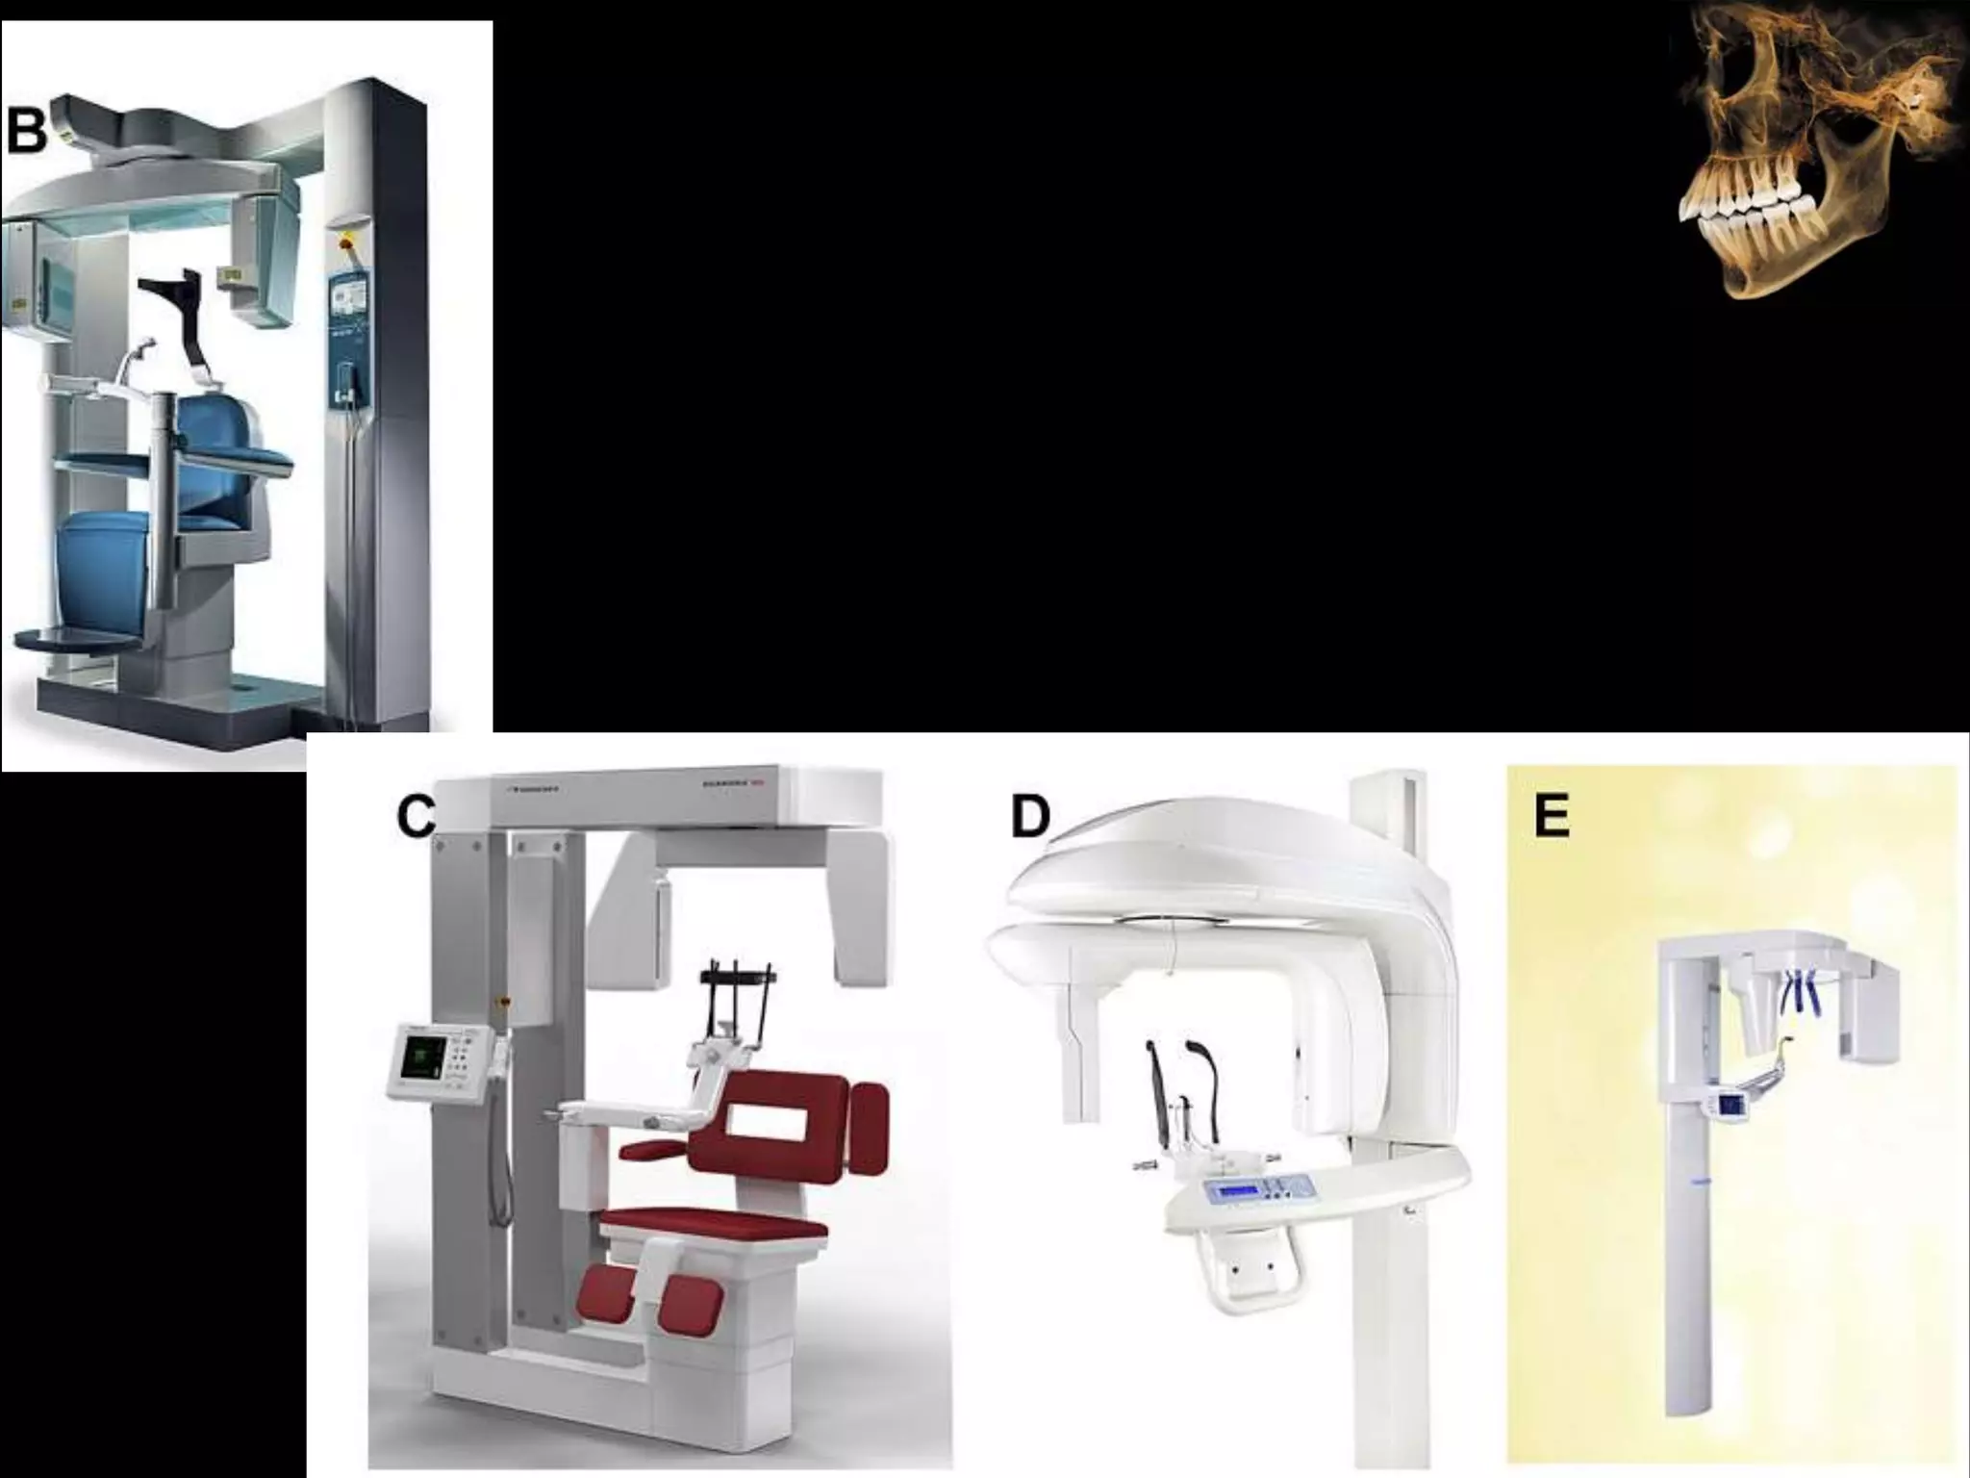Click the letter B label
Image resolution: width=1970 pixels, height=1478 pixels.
click(x=26, y=131)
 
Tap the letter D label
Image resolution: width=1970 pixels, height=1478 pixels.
click(x=1030, y=819)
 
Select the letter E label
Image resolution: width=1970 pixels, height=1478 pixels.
click(x=1551, y=817)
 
